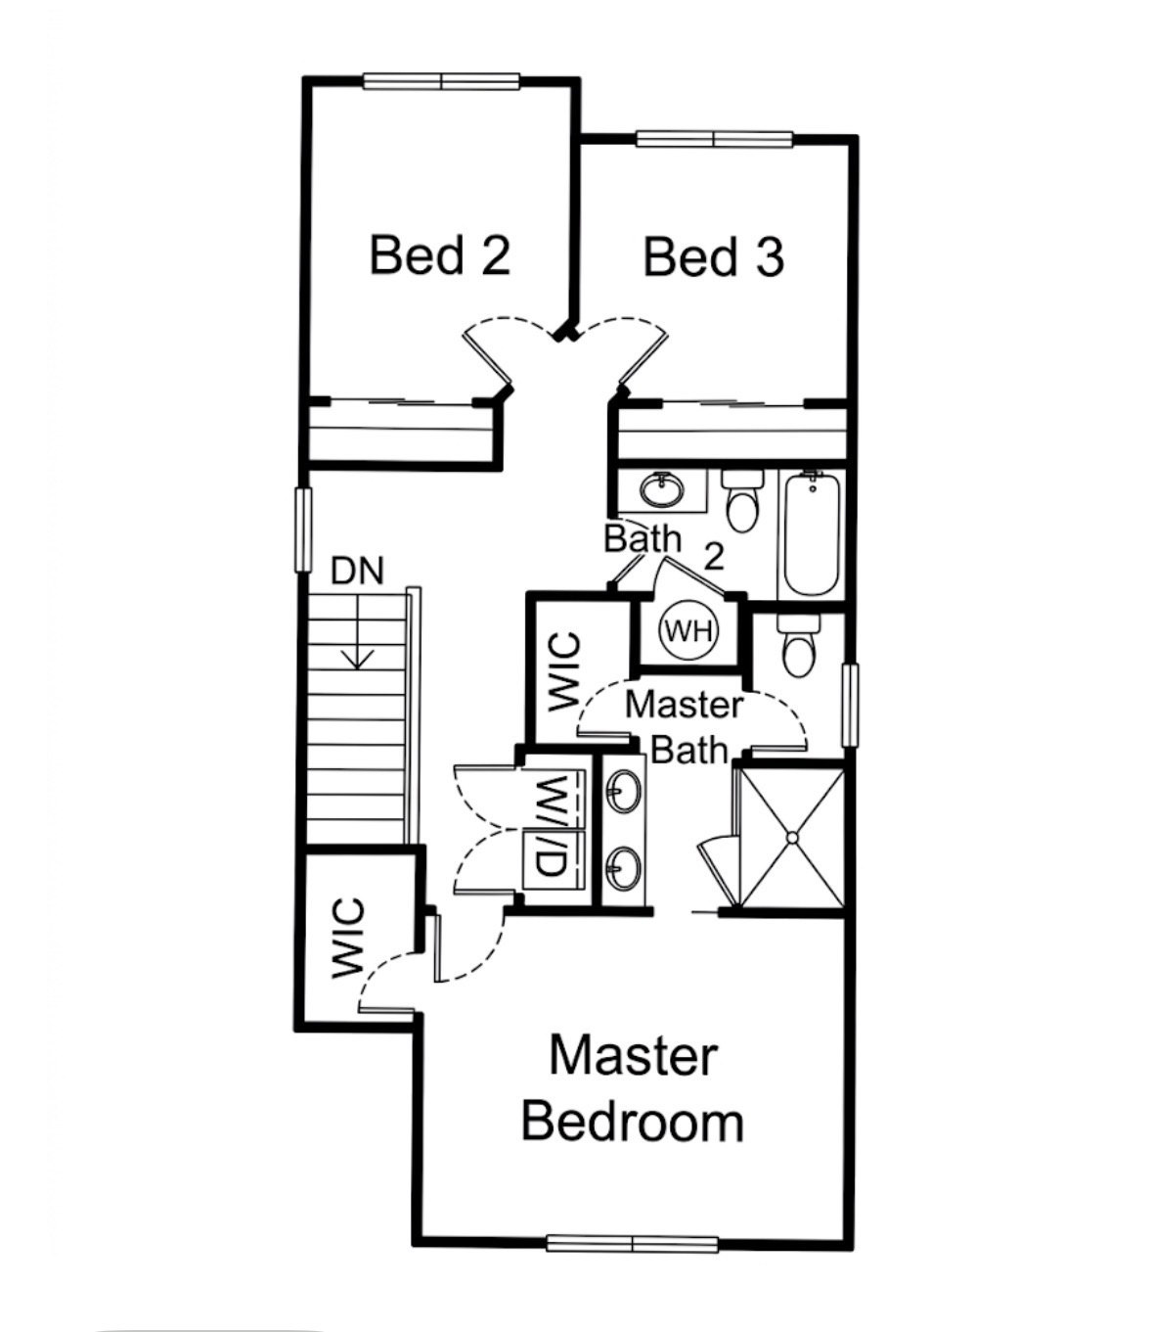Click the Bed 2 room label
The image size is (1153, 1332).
click(440, 255)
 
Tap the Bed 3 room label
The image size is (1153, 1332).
click(714, 257)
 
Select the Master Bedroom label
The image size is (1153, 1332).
click(633, 1088)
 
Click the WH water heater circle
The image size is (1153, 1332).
click(689, 630)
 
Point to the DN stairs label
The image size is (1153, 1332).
click(358, 571)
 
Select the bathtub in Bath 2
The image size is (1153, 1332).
click(812, 534)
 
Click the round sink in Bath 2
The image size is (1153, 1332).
click(663, 489)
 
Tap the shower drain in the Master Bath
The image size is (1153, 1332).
click(791, 838)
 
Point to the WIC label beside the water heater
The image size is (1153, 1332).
click(564, 672)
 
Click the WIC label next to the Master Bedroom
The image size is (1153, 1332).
click(349, 938)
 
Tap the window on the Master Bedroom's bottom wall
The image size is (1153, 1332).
click(633, 1244)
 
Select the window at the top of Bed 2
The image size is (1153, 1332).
click(441, 81)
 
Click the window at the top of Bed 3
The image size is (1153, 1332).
click(714, 139)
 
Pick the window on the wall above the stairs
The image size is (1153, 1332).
click(303, 529)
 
